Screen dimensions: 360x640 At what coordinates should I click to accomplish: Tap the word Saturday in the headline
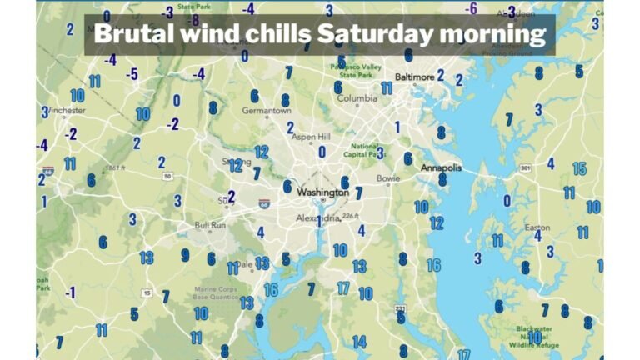[x=364, y=34]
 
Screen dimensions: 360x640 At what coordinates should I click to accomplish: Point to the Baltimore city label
[x=413, y=77]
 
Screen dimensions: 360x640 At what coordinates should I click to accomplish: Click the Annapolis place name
[x=441, y=167]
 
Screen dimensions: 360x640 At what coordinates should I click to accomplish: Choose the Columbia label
[x=357, y=98]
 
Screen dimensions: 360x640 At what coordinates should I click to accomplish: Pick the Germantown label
[x=266, y=110]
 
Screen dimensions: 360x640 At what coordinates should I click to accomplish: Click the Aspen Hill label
[x=310, y=137]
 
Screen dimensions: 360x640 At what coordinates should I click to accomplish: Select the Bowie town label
[x=388, y=178]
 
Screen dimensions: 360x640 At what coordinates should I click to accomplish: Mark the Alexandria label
[x=319, y=217]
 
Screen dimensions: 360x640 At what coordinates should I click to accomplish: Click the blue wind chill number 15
[x=580, y=168]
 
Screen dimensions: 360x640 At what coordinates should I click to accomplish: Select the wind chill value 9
[x=185, y=255]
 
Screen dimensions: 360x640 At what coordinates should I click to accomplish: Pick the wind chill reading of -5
[x=132, y=74]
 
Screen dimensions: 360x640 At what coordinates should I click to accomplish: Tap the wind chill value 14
[x=358, y=342]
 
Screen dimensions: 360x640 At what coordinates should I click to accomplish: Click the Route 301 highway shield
[x=526, y=167]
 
